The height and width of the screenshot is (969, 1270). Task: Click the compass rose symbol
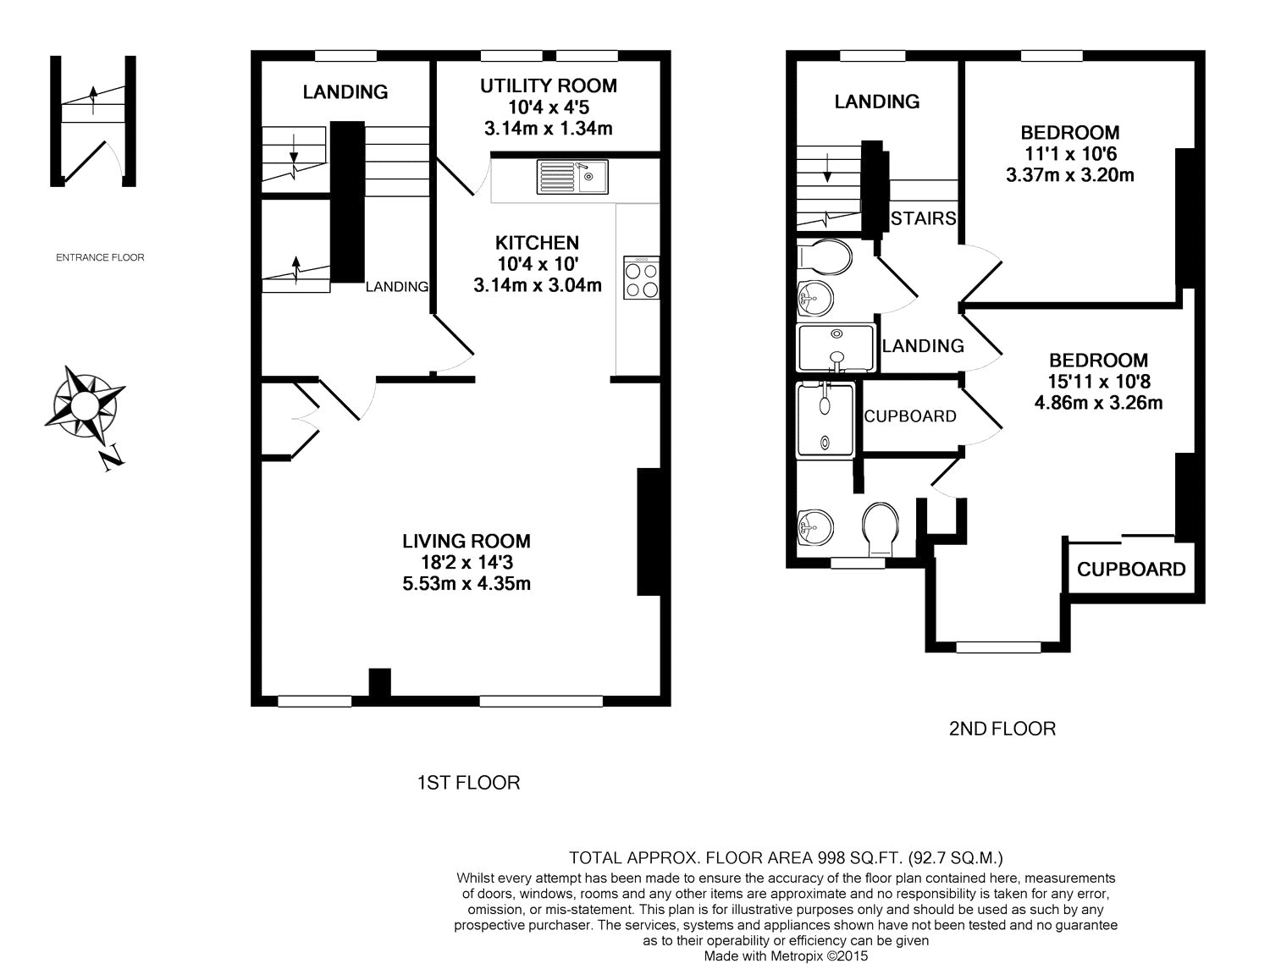coord(85,402)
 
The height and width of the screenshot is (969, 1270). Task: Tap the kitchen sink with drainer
coord(572,177)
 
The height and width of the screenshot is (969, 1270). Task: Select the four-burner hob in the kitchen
coord(641,278)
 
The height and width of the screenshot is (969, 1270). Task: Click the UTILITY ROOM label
coord(549,85)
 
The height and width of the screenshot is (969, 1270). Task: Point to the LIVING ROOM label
coord(467,541)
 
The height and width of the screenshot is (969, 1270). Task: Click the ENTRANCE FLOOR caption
coord(100,257)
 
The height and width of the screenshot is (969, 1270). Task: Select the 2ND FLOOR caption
coord(1002,729)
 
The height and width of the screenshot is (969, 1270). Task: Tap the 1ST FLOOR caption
coord(469,783)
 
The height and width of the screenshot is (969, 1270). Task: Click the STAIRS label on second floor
coord(924,218)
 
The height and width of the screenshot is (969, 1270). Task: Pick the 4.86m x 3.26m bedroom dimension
coord(1098,402)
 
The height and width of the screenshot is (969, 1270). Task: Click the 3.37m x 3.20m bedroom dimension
coord(1070,174)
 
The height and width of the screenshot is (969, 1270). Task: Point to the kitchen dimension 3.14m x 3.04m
coord(538,285)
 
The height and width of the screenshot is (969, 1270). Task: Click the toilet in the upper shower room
coord(825,256)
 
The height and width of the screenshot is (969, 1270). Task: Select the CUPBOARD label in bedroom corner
coord(1131,570)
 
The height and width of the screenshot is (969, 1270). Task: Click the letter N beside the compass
coord(113,458)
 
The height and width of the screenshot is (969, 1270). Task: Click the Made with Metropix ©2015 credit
coord(786,956)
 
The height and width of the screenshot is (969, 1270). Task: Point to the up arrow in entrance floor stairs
coord(92,101)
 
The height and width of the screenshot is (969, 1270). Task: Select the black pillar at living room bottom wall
coord(379,683)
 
